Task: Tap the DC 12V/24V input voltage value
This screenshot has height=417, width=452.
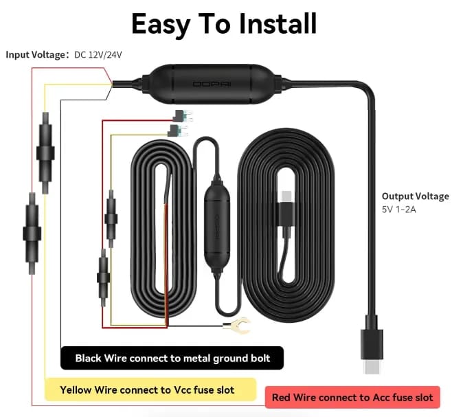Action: click(98, 55)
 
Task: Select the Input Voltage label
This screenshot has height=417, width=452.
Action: click(35, 54)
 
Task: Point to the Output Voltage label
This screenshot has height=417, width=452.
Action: click(416, 196)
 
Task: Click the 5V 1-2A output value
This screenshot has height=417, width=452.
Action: click(399, 210)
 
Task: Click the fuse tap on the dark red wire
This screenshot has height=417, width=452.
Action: click(182, 116)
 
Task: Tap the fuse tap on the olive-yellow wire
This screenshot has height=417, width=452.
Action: click(177, 131)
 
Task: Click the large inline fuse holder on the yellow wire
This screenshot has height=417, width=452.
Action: click(45, 153)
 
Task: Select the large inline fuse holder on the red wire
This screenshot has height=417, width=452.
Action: click(32, 234)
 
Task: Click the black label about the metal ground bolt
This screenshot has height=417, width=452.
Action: click(172, 358)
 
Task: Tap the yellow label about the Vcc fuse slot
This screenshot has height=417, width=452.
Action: click(150, 390)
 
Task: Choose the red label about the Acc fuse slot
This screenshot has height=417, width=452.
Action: click(352, 397)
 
